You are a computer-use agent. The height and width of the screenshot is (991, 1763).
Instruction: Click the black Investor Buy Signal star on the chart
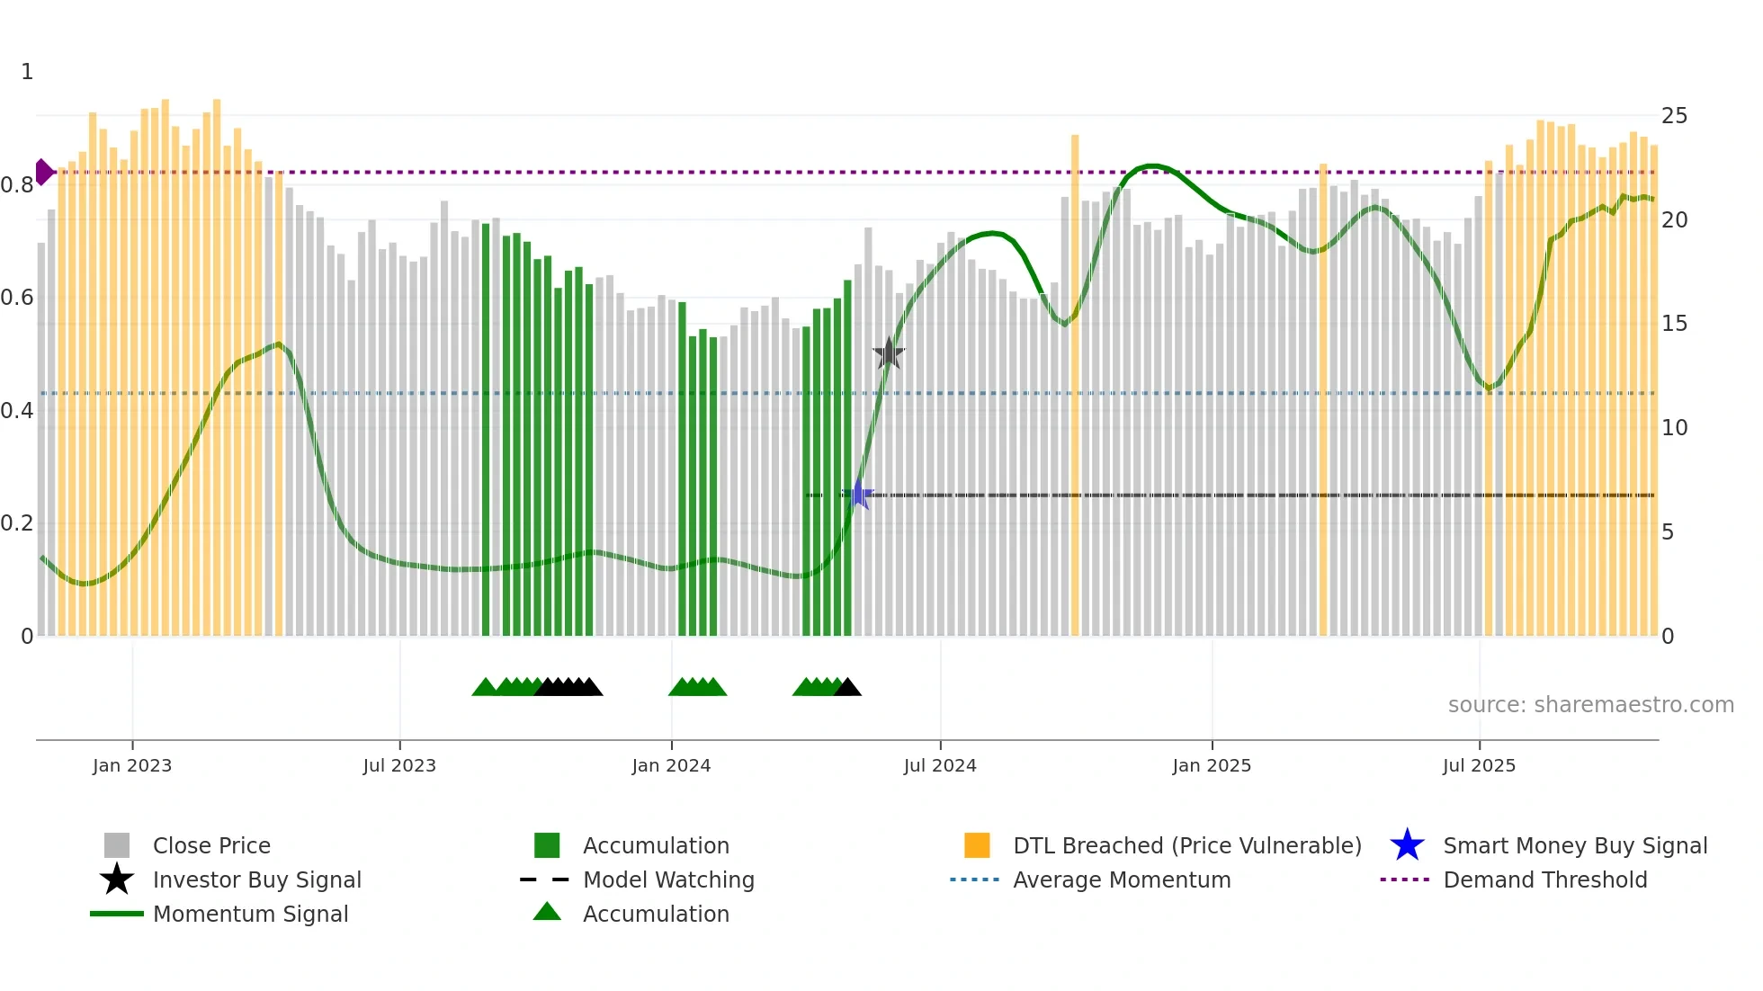tap(889, 353)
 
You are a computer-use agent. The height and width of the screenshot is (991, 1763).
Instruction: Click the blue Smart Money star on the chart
tap(858, 494)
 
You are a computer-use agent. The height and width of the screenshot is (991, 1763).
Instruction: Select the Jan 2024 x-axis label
tap(671, 765)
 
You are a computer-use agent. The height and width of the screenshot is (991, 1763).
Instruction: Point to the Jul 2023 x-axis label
tap(399, 765)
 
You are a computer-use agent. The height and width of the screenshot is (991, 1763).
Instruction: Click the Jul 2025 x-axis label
tap(1479, 765)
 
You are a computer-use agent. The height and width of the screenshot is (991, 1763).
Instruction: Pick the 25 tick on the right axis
tap(1674, 116)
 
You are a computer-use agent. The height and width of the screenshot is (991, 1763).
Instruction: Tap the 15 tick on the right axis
tap(1674, 324)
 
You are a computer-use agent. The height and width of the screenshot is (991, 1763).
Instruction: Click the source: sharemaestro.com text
tap(1590, 704)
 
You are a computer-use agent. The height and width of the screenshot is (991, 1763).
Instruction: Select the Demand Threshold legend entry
tap(1544, 879)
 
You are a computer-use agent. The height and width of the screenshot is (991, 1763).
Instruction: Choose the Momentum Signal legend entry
tap(250, 914)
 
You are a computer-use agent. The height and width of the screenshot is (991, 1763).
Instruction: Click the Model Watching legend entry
tap(668, 879)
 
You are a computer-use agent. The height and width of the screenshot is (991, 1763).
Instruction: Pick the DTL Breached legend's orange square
tap(977, 845)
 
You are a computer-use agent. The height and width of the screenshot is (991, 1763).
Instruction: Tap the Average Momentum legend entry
tap(1122, 879)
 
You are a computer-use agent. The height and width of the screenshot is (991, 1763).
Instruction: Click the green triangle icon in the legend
tap(547, 913)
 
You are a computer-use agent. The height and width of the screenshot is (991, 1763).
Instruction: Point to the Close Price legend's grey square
tap(117, 845)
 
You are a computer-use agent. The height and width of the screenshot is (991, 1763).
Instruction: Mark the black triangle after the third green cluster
tap(847, 688)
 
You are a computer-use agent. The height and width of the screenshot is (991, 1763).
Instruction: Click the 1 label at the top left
tap(27, 72)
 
